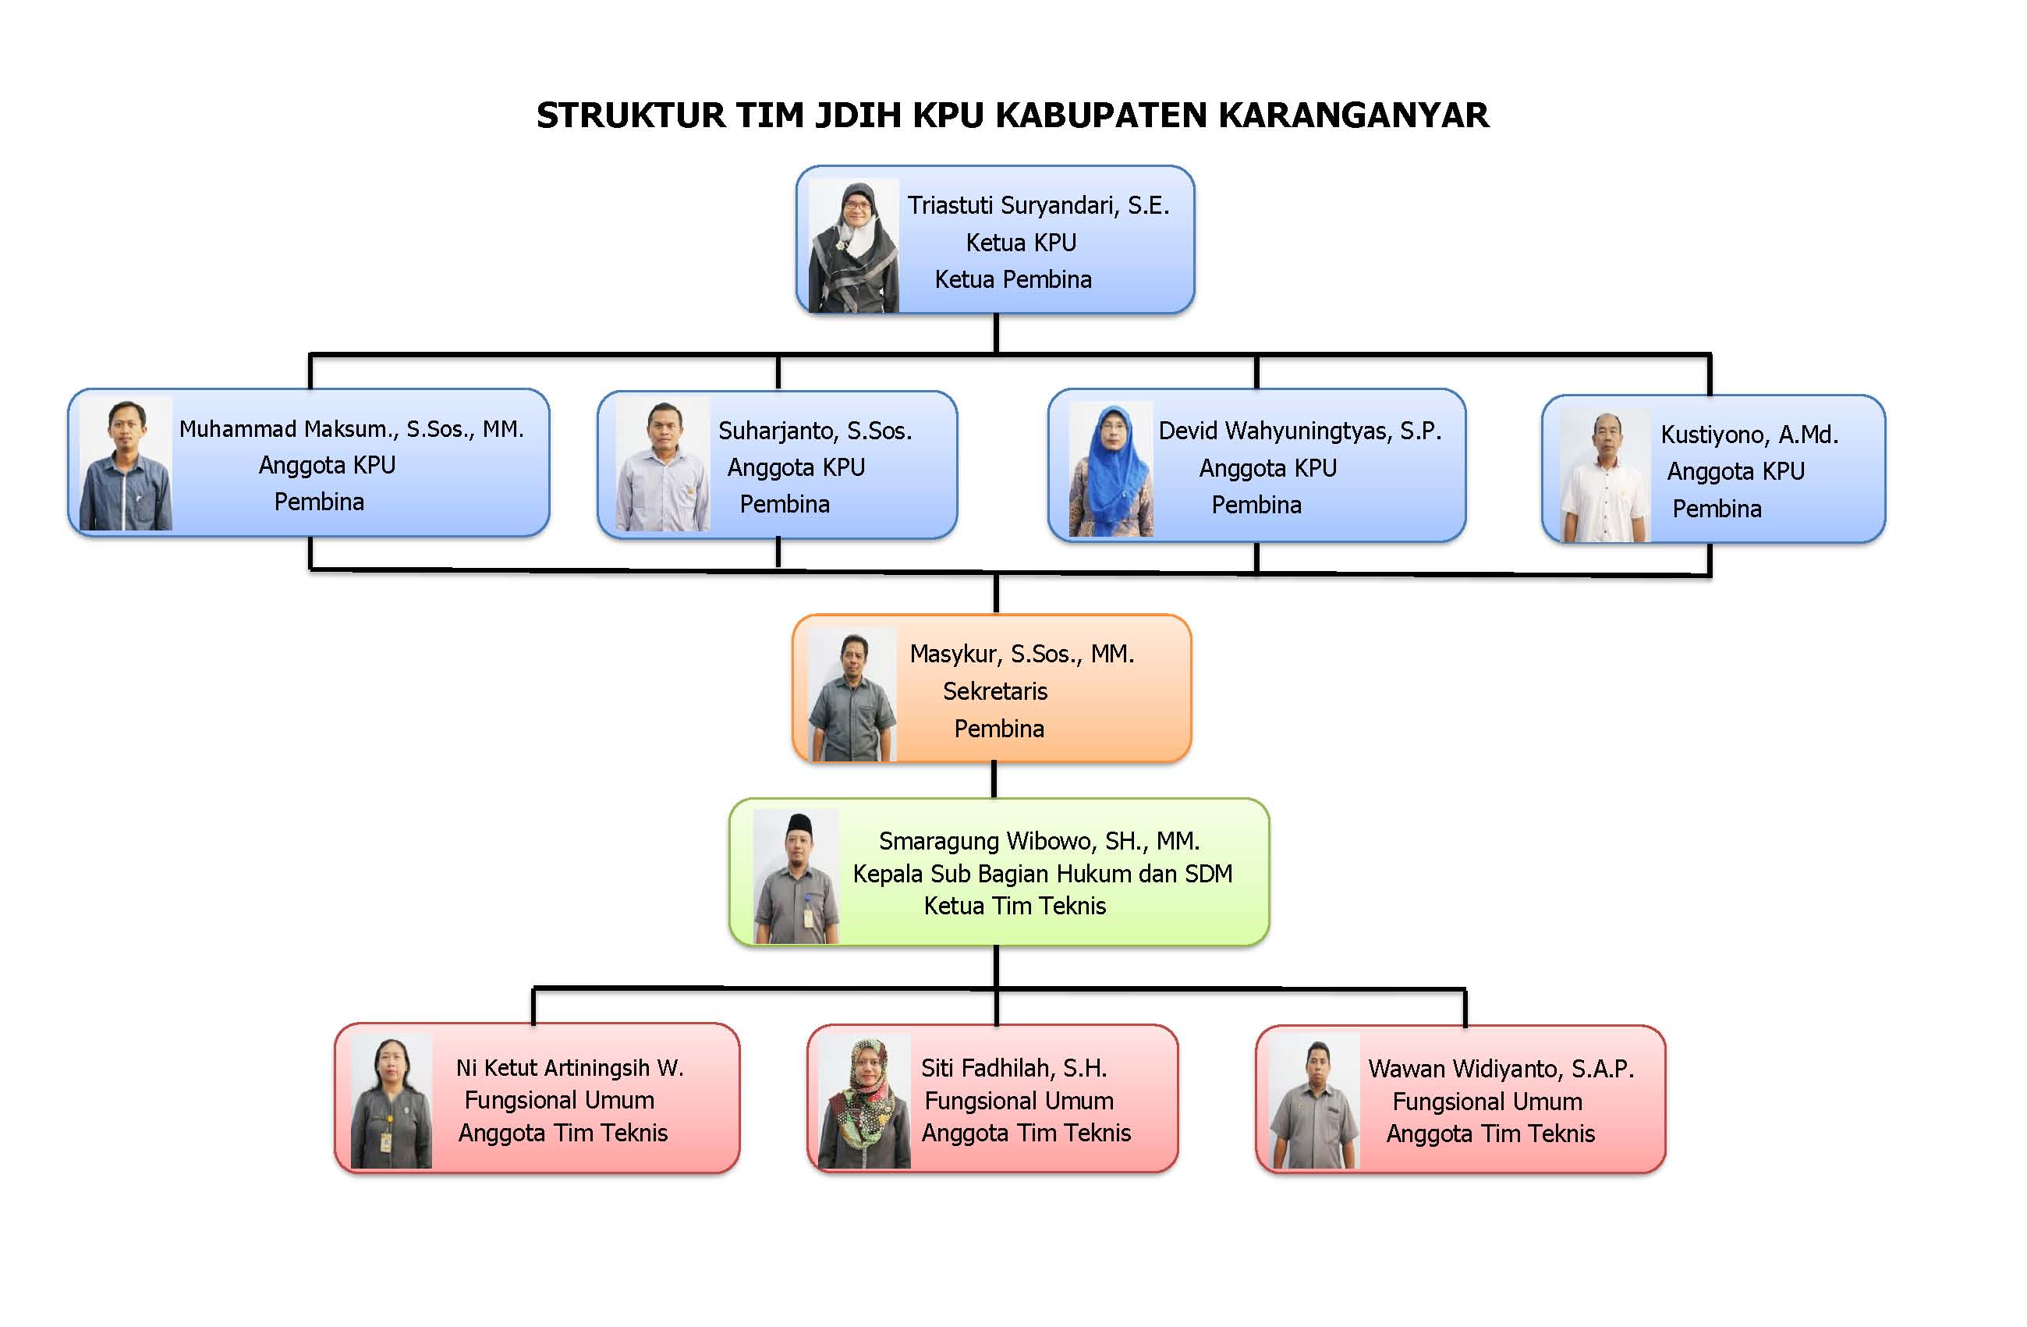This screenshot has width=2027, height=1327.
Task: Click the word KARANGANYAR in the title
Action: (x=1353, y=115)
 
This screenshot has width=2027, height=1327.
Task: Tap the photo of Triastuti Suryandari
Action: (x=853, y=245)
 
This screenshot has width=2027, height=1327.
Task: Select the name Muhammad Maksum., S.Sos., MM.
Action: (x=351, y=428)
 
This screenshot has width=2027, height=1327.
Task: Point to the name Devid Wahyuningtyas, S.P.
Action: (x=1299, y=431)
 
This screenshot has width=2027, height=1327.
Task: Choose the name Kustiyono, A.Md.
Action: (x=1749, y=435)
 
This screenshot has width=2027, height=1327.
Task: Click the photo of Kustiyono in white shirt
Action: (x=1604, y=475)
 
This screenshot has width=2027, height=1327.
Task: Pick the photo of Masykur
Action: (x=852, y=695)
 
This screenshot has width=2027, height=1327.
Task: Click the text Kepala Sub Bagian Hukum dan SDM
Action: (x=1043, y=874)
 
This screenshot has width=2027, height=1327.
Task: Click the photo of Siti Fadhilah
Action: (x=864, y=1101)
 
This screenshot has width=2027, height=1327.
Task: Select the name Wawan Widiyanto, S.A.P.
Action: (x=1501, y=1069)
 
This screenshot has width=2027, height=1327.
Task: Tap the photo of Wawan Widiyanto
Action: (x=1313, y=1102)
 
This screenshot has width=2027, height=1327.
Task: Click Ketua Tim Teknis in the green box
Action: (x=1015, y=907)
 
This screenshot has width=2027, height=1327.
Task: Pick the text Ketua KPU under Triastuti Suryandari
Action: (x=1020, y=243)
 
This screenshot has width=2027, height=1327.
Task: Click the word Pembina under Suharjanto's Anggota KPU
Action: (x=785, y=504)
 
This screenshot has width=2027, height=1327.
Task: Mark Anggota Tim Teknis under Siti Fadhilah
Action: (x=1026, y=1133)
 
